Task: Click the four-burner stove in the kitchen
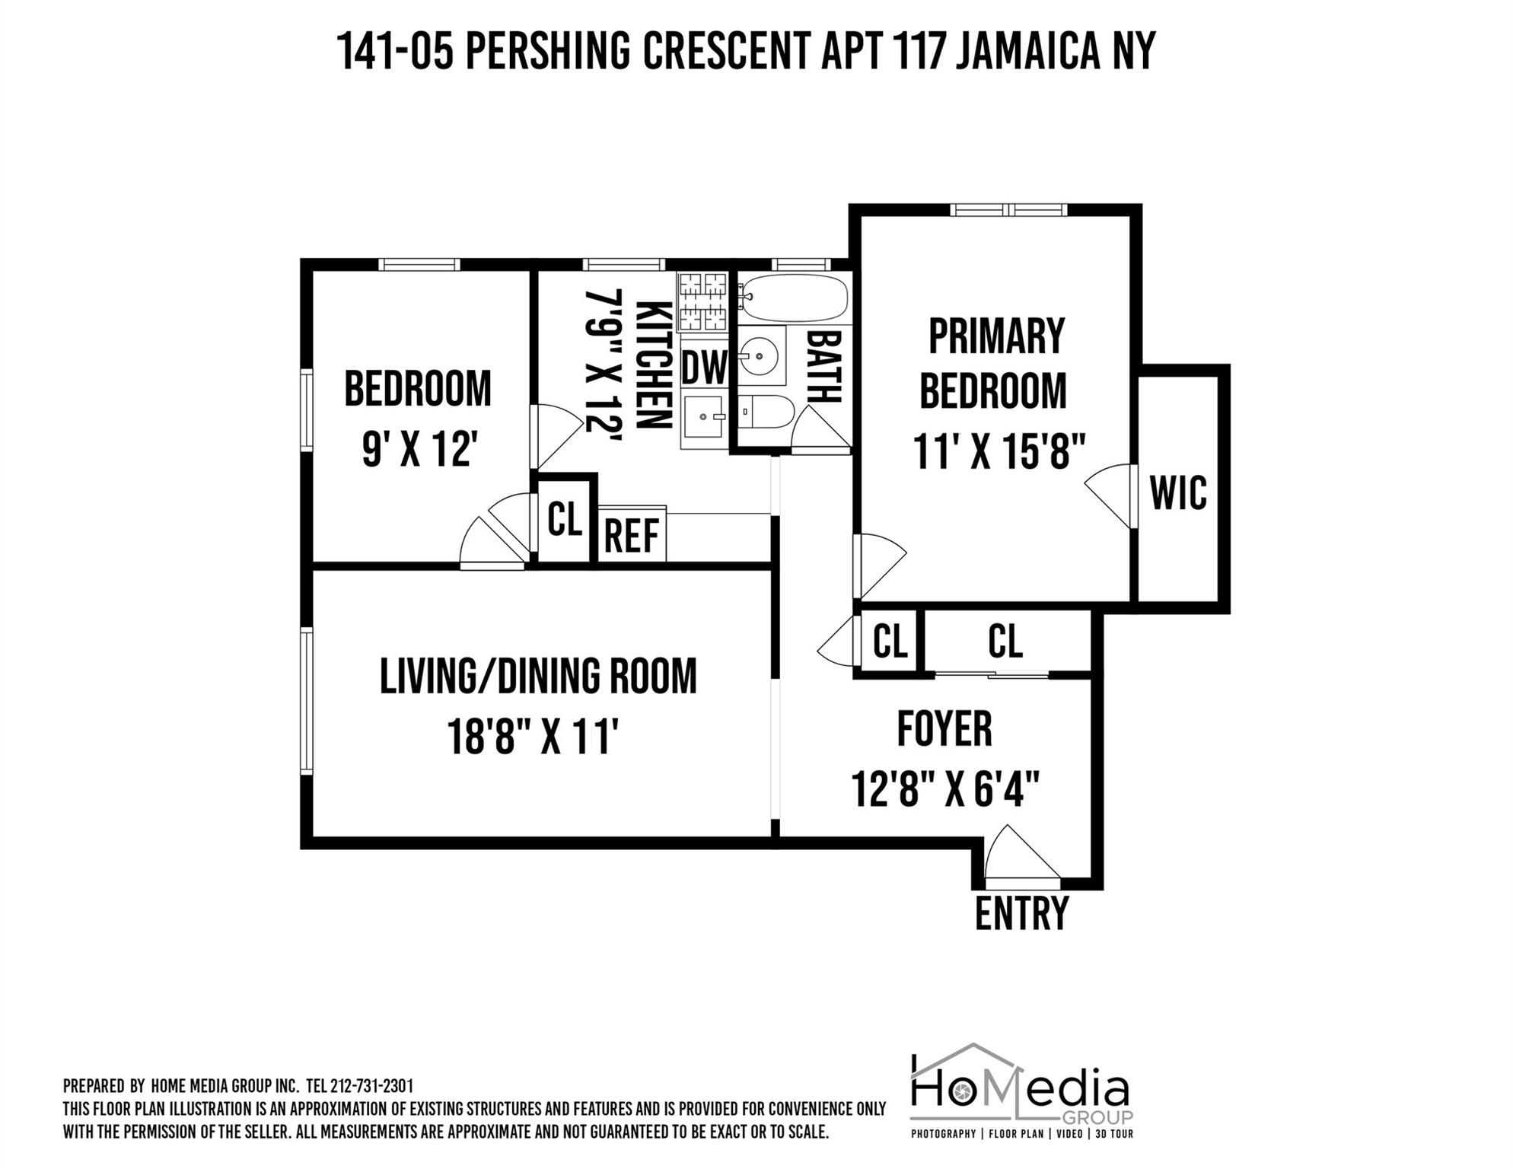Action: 702,301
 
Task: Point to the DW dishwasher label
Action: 704,368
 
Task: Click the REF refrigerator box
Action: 632,535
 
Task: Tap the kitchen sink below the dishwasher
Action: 703,417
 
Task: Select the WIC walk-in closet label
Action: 1177,493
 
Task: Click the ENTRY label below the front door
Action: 1021,914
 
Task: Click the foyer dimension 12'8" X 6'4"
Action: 945,789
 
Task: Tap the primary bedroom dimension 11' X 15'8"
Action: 998,452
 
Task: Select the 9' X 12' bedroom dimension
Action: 419,449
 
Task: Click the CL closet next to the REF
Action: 565,520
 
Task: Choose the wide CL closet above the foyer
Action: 1005,642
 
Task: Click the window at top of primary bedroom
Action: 1008,210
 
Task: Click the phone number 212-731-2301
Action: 371,1086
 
